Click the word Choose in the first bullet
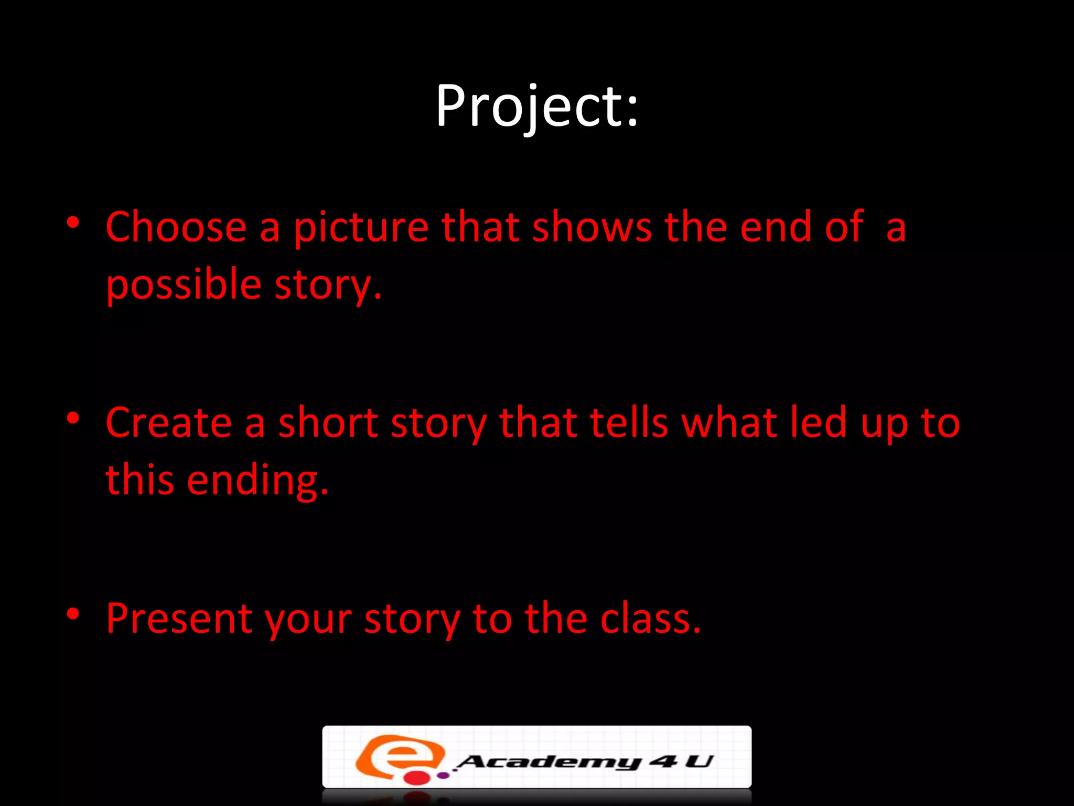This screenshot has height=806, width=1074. (x=176, y=227)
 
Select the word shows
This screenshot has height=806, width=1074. (x=592, y=227)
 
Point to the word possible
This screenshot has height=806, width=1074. (x=184, y=285)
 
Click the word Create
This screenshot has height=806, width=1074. (x=168, y=423)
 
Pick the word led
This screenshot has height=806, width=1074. (x=818, y=423)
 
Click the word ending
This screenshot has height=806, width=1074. (x=257, y=480)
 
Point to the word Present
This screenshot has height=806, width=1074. (x=178, y=619)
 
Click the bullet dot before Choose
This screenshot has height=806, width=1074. (x=73, y=223)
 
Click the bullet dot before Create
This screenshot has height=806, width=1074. (x=73, y=418)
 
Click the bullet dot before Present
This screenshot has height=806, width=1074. (x=73, y=613)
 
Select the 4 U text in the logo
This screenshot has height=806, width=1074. (x=681, y=760)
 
